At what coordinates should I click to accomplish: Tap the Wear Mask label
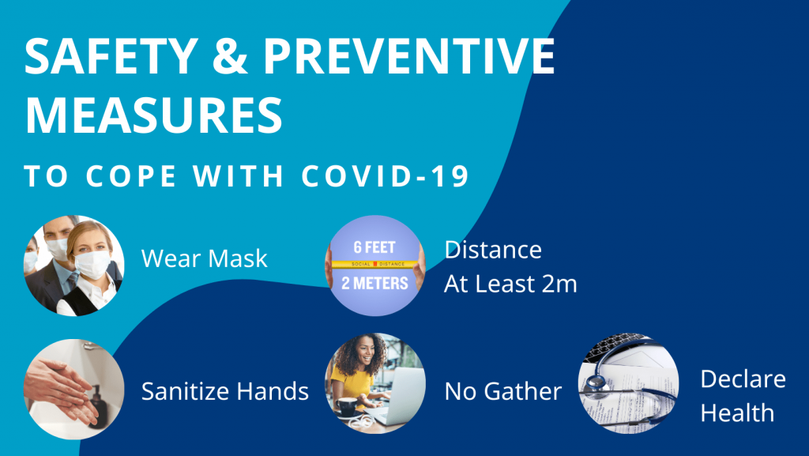204,258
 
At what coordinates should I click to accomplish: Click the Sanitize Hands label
224,390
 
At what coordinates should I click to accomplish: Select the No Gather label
503,390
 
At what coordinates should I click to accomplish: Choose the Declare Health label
742,395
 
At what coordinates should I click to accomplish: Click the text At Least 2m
510,284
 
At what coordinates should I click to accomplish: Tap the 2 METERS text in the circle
375,282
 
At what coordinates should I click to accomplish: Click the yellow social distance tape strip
375,263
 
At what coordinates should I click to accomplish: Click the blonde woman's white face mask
91,265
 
